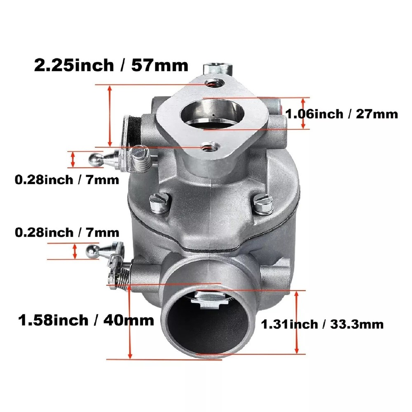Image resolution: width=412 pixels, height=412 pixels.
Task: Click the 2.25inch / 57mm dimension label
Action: point(111,65)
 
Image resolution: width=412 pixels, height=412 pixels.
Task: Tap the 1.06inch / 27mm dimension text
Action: point(342,114)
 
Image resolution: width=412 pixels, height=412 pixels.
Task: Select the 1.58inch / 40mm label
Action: point(86,320)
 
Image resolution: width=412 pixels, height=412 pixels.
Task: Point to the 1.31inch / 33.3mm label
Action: point(323,324)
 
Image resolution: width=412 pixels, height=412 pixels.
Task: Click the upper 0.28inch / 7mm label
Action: point(67,180)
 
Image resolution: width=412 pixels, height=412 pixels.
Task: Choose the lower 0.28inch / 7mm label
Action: point(67,232)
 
